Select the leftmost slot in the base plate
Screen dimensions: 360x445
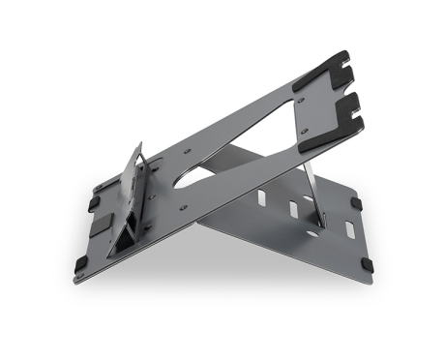click(x=259, y=197)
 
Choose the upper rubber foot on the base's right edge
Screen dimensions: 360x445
click(x=356, y=204)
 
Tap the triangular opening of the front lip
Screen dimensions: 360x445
click(x=125, y=236)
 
